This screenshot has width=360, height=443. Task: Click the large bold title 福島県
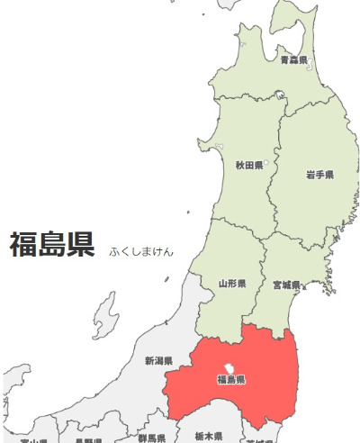[52, 245]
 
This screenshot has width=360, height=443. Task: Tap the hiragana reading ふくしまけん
[141, 250]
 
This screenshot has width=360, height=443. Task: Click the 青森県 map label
[293, 60]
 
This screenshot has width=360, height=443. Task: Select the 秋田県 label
[248, 166]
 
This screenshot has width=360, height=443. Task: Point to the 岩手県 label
[319, 175]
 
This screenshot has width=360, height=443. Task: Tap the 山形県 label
[232, 284]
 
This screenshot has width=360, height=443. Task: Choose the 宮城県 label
[286, 285]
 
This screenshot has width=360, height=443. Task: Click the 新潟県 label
[158, 361]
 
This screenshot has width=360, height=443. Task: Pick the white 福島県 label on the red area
[231, 380]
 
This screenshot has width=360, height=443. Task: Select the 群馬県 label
[152, 438]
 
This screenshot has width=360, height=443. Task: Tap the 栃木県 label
[209, 436]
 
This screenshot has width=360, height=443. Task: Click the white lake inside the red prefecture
[229, 368]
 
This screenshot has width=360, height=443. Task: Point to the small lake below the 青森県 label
[281, 94]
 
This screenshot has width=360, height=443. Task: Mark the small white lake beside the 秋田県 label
[266, 163]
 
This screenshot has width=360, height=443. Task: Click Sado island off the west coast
[105, 315]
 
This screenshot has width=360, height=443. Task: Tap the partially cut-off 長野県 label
[88, 440]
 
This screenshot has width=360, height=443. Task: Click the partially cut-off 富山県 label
[33, 440]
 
